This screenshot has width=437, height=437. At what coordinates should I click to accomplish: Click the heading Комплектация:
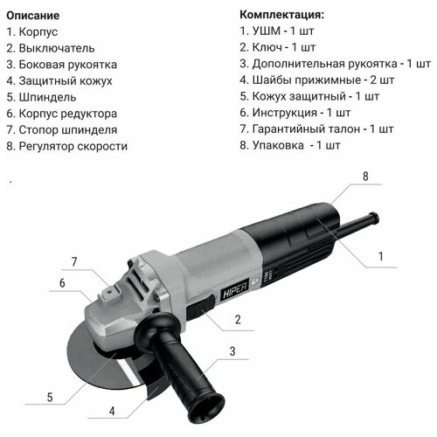[285, 16]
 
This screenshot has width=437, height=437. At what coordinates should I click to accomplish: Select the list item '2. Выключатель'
[50, 48]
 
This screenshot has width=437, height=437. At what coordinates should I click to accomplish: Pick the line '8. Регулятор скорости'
[67, 146]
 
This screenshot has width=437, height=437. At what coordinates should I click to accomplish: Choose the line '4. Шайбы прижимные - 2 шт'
[319, 80]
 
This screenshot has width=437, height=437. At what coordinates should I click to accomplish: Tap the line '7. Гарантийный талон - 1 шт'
[323, 129]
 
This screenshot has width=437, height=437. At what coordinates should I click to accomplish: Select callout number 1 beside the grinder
[380, 257]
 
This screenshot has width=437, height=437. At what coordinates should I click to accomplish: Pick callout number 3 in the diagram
[232, 351]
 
